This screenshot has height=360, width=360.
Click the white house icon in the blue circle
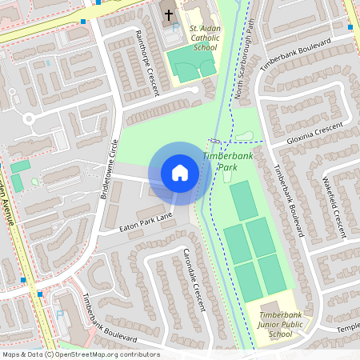click(179, 173)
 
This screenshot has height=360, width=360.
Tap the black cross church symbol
click(169, 14)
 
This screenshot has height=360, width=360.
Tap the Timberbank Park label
click(228, 162)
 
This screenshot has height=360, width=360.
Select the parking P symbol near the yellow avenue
click(60, 314)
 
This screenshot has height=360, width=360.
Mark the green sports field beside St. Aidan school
click(193, 69)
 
